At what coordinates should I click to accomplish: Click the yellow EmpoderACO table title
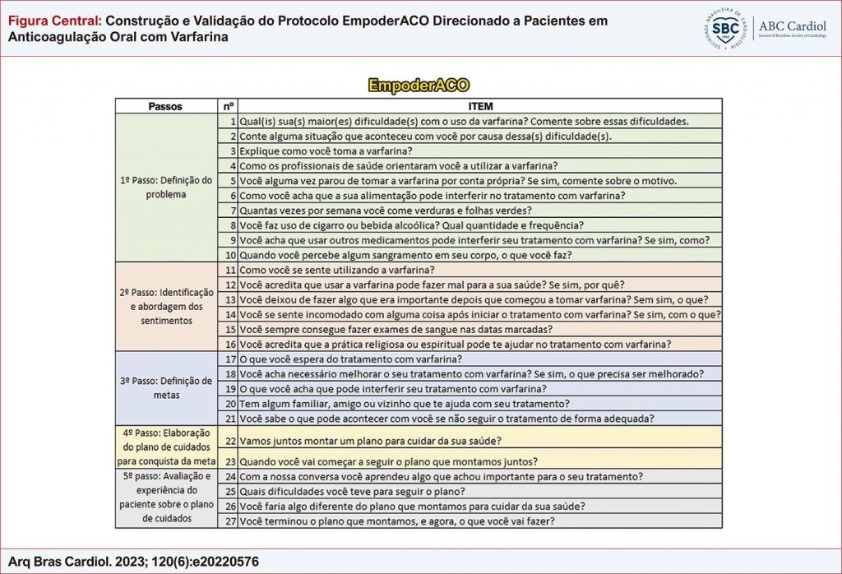tap(419, 86)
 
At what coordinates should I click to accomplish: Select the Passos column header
tap(165, 106)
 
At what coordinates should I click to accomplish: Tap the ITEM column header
tap(479, 106)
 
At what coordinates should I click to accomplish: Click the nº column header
tap(229, 106)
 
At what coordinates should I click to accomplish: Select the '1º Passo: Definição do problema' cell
tap(165, 187)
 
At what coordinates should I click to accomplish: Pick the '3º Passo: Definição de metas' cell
tap(165, 388)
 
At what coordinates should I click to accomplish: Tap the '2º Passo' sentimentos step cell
tap(165, 306)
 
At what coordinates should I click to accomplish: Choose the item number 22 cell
tap(230, 440)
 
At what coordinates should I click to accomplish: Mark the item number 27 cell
tap(230, 521)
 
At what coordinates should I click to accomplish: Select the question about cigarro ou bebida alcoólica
tap(411, 225)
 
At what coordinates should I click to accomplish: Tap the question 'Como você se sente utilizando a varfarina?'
tap(337, 269)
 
